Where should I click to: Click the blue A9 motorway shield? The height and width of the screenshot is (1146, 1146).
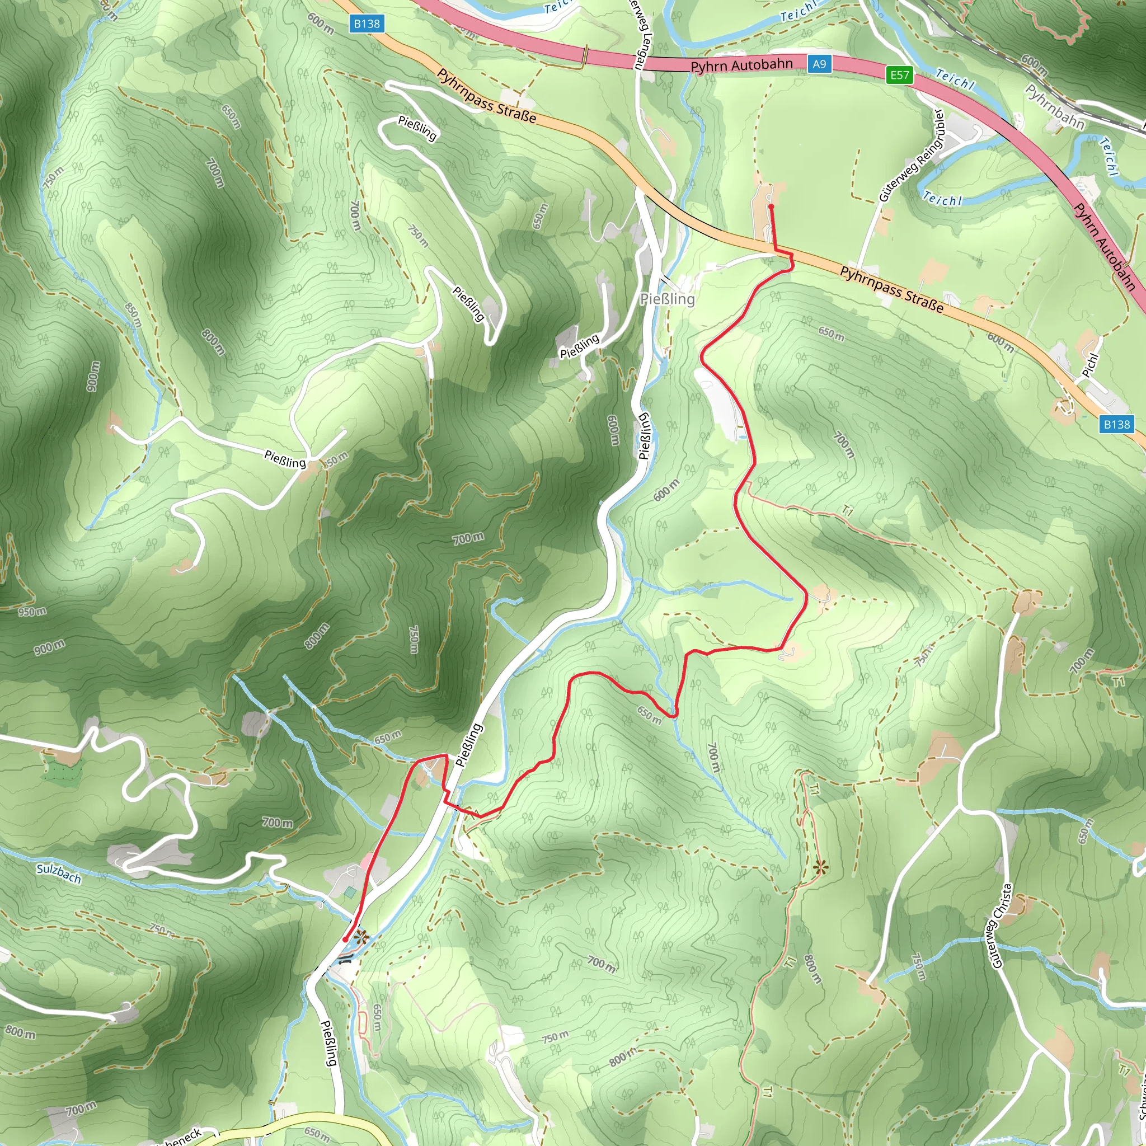coord(819,64)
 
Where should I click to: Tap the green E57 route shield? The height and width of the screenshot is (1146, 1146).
coord(899,75)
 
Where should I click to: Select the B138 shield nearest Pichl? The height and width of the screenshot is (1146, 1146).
coord(1116,424)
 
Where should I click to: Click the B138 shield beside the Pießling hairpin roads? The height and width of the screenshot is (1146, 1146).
coord(367,24)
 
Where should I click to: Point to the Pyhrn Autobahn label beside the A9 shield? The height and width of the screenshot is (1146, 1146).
coord(741,65)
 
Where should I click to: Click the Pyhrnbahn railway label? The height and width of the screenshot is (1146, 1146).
coord(1055,107)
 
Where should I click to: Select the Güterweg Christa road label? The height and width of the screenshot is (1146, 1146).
coord(1002,926)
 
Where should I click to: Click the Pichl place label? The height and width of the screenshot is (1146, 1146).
coord(1090,365)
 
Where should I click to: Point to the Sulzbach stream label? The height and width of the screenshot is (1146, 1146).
coord(58,873)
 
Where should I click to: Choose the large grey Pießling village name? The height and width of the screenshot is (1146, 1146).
coord(668,299)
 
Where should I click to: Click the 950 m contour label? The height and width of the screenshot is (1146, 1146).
coord(32,611)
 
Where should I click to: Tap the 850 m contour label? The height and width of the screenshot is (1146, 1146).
coord(134,315)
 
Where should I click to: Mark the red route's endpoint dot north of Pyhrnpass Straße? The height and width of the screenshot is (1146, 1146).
coord(771,206)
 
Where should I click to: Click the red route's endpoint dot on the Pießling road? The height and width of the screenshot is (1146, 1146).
coord(345,940)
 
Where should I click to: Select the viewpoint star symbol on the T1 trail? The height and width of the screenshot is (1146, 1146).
coord(821,868)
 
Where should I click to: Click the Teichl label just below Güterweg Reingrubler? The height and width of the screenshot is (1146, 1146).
coord(942,199)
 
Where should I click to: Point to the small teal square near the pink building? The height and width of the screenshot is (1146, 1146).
coord(350,892)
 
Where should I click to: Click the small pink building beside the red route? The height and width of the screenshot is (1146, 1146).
coord(367,861)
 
